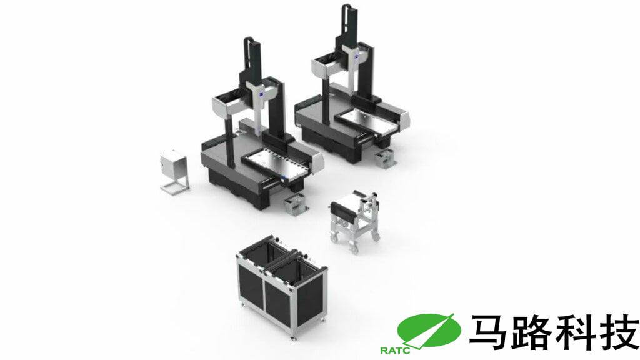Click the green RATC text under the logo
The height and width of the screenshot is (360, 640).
395,351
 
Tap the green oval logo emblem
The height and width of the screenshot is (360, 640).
429,330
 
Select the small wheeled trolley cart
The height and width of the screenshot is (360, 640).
355,221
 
